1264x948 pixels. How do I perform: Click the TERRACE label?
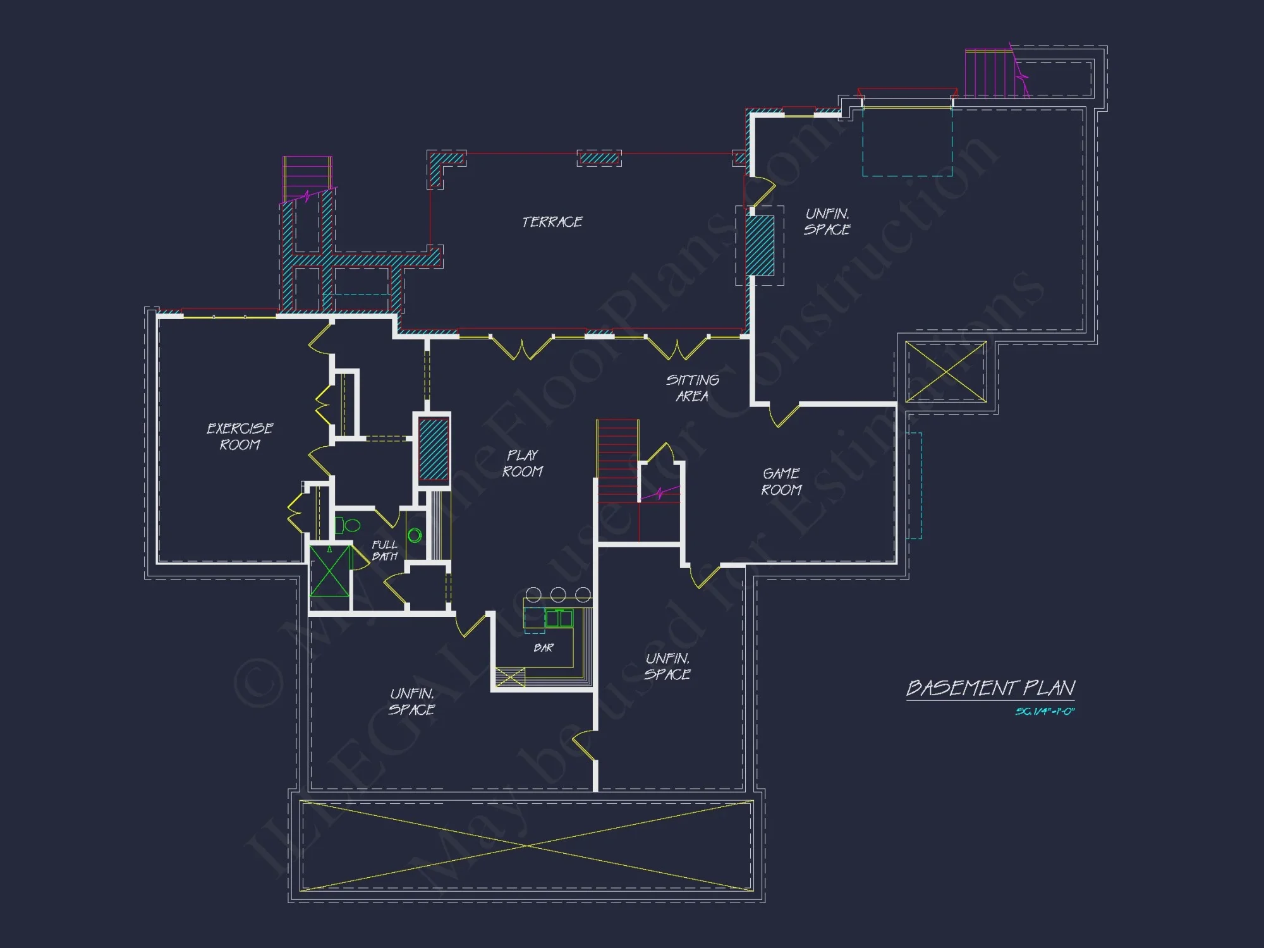click(x=552, y=222)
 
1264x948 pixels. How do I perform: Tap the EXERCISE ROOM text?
click(x=240, y=437)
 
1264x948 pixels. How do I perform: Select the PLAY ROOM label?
click(x=523, y=463)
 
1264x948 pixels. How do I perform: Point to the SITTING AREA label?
click(x=693, y=388)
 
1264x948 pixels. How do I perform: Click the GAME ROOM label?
click(x=782, y=482)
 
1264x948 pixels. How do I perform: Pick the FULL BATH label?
click(x=384, y=550)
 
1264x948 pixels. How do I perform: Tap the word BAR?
click(x=544, y=648)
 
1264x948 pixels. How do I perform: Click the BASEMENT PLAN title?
click(x=990, y=688)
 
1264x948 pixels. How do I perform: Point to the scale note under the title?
click(x=1045, y=712)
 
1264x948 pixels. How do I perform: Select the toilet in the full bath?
click(x=348, y=525)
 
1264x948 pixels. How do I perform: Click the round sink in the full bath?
click(x=415, y=536)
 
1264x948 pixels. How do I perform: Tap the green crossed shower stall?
click(x=329, y=571)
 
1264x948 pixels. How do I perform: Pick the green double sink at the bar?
click(x=559, y=617)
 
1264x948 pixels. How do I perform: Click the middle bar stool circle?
click(x=558, y=594)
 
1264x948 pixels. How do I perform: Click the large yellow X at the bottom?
click(x=526, y=845)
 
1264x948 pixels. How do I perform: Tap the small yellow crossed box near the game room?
click(x=945, y=372)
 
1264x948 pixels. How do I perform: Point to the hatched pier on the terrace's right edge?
click(x=760, y=245)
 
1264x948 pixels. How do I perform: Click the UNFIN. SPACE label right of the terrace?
click(x=827, y=222)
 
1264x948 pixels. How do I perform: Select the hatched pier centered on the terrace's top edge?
click(x=599, y=158)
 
